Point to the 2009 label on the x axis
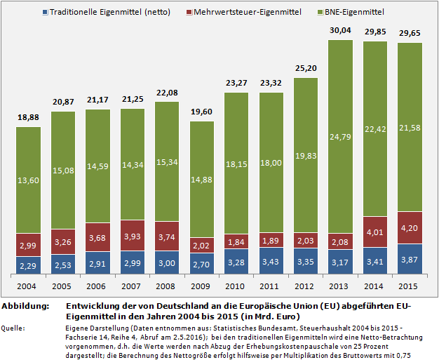[202, 287]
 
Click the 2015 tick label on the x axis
[410, 287]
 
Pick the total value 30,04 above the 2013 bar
[341, 30]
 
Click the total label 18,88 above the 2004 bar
[29, 117]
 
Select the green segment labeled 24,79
[341, 135]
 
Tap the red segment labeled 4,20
[410, 227]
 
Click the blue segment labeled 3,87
[410, 259]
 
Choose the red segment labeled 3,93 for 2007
[133, 235]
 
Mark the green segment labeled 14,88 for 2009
[202, 179]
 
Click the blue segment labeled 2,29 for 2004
[29, 265]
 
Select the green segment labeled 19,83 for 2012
[306, 155]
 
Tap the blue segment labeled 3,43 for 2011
[271, 261]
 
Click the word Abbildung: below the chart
[25, 307]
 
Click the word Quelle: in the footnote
[15, 327]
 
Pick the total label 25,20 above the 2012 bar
[306, 68]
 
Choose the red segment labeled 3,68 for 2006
[98, 237]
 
